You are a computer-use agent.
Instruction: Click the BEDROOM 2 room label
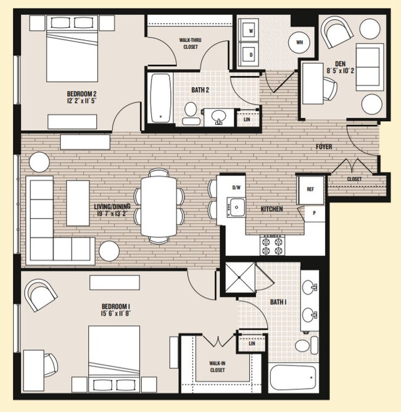coord(82,94)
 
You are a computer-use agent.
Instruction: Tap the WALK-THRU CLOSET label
coord(190,43)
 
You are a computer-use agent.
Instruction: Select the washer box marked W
coord(250,30)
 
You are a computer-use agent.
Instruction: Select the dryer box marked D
coord(250,54)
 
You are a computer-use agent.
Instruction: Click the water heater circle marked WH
coord(300,42)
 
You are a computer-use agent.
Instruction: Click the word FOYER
coord(323,147)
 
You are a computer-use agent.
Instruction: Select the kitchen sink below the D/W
coord(235,206)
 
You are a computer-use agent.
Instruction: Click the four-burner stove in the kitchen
coord(272,245)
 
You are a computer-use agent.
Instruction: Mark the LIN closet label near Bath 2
coord(247,119)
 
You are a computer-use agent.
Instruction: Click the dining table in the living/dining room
coord(159,206)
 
